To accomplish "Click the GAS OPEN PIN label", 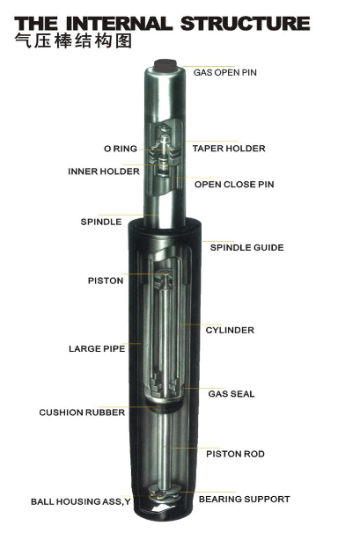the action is (x=225, y=72).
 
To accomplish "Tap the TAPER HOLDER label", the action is (x=229, y=149).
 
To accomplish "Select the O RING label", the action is (x=121, y=149).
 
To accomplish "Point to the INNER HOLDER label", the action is (x=104, y=172).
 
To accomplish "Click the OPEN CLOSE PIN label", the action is (x=234, y=184).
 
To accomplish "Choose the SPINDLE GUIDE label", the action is (x=246, y=247).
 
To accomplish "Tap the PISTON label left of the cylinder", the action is (x=106, y=281).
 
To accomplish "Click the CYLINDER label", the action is (x=230, y=330).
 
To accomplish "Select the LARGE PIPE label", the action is (x=97, y=349).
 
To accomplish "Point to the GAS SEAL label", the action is (x=231, y=394).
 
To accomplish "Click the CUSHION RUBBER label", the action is (x=82, y=413).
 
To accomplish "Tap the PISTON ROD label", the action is (x=236, y=454).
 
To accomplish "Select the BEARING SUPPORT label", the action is (x=245, y=500).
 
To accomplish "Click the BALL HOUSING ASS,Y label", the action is (x=81, y=501).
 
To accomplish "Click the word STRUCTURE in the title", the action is (x=245, y=24).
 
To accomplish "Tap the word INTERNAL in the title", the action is (x=119, y=24).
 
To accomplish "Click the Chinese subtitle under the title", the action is (x=73, y=41).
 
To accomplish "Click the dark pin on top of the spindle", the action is (x=165, y=66).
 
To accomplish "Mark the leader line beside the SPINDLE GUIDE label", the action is (x=217, y=242).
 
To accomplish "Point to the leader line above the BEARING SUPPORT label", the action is (x=207, y=492).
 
